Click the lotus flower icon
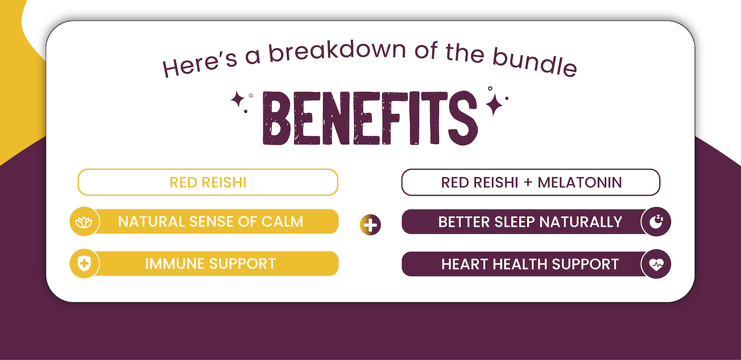(84, 222)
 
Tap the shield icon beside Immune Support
(84, 264)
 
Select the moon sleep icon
(656, 222)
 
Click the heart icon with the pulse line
(656, 264)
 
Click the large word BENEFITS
(370, 118)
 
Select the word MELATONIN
(580, 183)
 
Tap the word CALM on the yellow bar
(282, 222)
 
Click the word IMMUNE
(175, 264)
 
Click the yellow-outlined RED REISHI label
(208, 182)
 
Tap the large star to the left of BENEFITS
(237, 100)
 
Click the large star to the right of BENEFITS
(494, 105)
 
